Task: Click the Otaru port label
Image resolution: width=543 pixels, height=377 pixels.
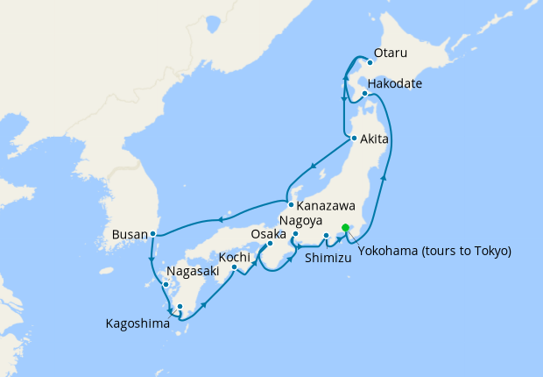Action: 390,54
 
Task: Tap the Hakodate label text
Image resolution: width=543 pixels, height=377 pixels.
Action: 396,84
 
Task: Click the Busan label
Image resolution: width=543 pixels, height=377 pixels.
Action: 130,234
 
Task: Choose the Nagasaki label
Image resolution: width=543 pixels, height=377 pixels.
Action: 191,272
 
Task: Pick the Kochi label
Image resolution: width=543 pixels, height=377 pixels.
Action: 236,257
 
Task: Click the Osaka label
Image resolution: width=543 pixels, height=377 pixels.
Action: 268,235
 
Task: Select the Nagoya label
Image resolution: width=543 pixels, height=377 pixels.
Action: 302,220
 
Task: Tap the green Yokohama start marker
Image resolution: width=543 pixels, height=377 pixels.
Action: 345,228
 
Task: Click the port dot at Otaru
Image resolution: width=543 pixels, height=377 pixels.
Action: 370,63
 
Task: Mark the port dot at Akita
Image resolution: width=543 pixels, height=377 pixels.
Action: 353,139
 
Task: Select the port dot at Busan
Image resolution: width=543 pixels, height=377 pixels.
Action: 153,233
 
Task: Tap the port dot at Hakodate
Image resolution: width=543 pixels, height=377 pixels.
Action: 365,92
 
